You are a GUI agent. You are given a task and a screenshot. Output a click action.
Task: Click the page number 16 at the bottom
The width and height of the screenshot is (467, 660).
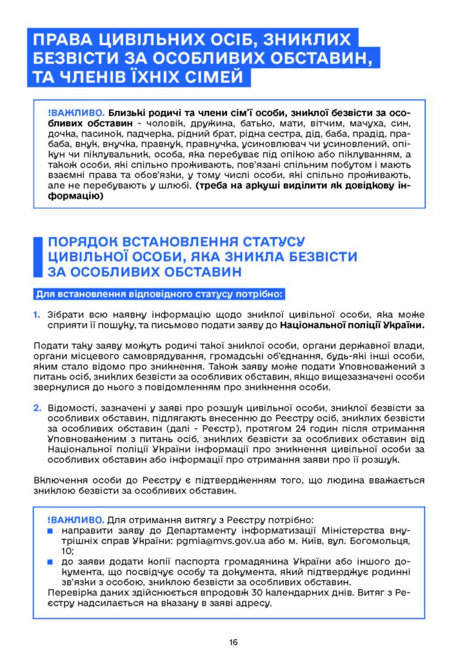coord(233,642)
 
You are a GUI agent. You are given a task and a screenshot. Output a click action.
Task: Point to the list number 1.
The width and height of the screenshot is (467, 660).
coord(37,315)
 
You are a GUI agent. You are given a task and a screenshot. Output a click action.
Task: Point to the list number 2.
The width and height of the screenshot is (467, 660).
coord(37,407)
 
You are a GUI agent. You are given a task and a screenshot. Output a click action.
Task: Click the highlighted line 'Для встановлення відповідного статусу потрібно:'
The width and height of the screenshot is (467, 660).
coord(159,295)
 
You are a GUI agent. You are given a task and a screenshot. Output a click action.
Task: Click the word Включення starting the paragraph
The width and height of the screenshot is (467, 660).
coord(59,480)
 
